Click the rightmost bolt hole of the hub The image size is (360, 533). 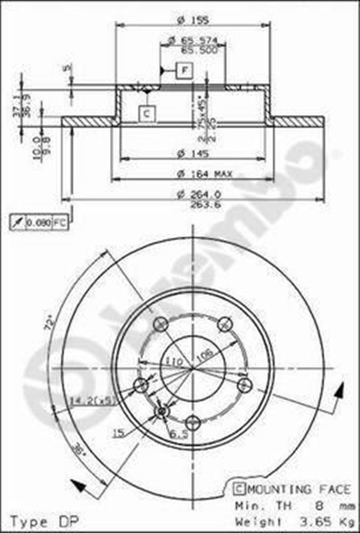tap(243, 385)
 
